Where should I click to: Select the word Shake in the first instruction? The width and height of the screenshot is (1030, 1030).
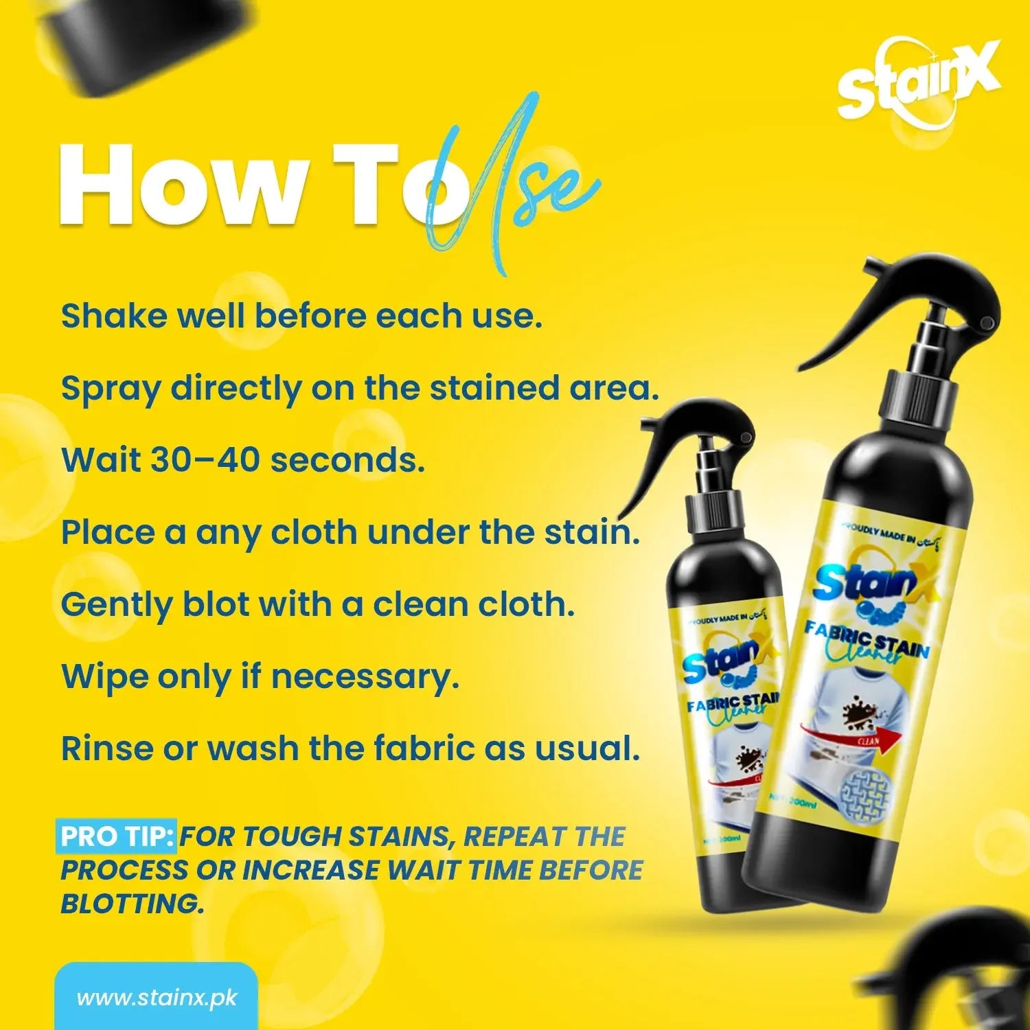pyautogui.click(x=113, y=316)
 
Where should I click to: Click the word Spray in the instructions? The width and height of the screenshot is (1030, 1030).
pyautogui.click(x=110, y=389)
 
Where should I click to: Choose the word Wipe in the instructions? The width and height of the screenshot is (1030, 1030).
pyautogui.click(x=103, y=676)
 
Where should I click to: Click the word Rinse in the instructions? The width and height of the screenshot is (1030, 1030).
pyautogui.click(x=106, y=748)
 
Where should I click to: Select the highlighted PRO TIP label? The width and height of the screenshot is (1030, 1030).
pyautogui.click(x=117, y=836)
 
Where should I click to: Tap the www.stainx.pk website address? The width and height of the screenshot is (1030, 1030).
pyautogui.click(x=157, y=997)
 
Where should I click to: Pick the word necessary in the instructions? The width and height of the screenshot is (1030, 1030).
pyautogui.click(x=365, y=678)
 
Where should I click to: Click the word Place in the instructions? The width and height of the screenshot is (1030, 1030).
pyautogui.click(x=107, y=532)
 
